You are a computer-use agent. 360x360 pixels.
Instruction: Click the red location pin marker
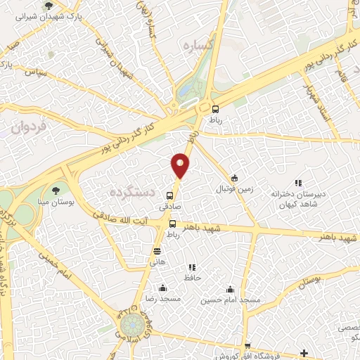coord(181,166)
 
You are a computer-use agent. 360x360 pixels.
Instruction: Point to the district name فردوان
coord(28,127)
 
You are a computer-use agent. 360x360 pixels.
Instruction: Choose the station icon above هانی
coord(155,250)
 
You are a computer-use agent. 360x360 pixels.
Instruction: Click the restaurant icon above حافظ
coord(191,268)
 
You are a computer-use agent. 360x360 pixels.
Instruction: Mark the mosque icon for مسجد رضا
coord(163,287)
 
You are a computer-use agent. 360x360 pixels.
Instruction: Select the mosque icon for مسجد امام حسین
coord(230,289)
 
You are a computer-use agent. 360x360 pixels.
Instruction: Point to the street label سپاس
coord(35,72)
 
